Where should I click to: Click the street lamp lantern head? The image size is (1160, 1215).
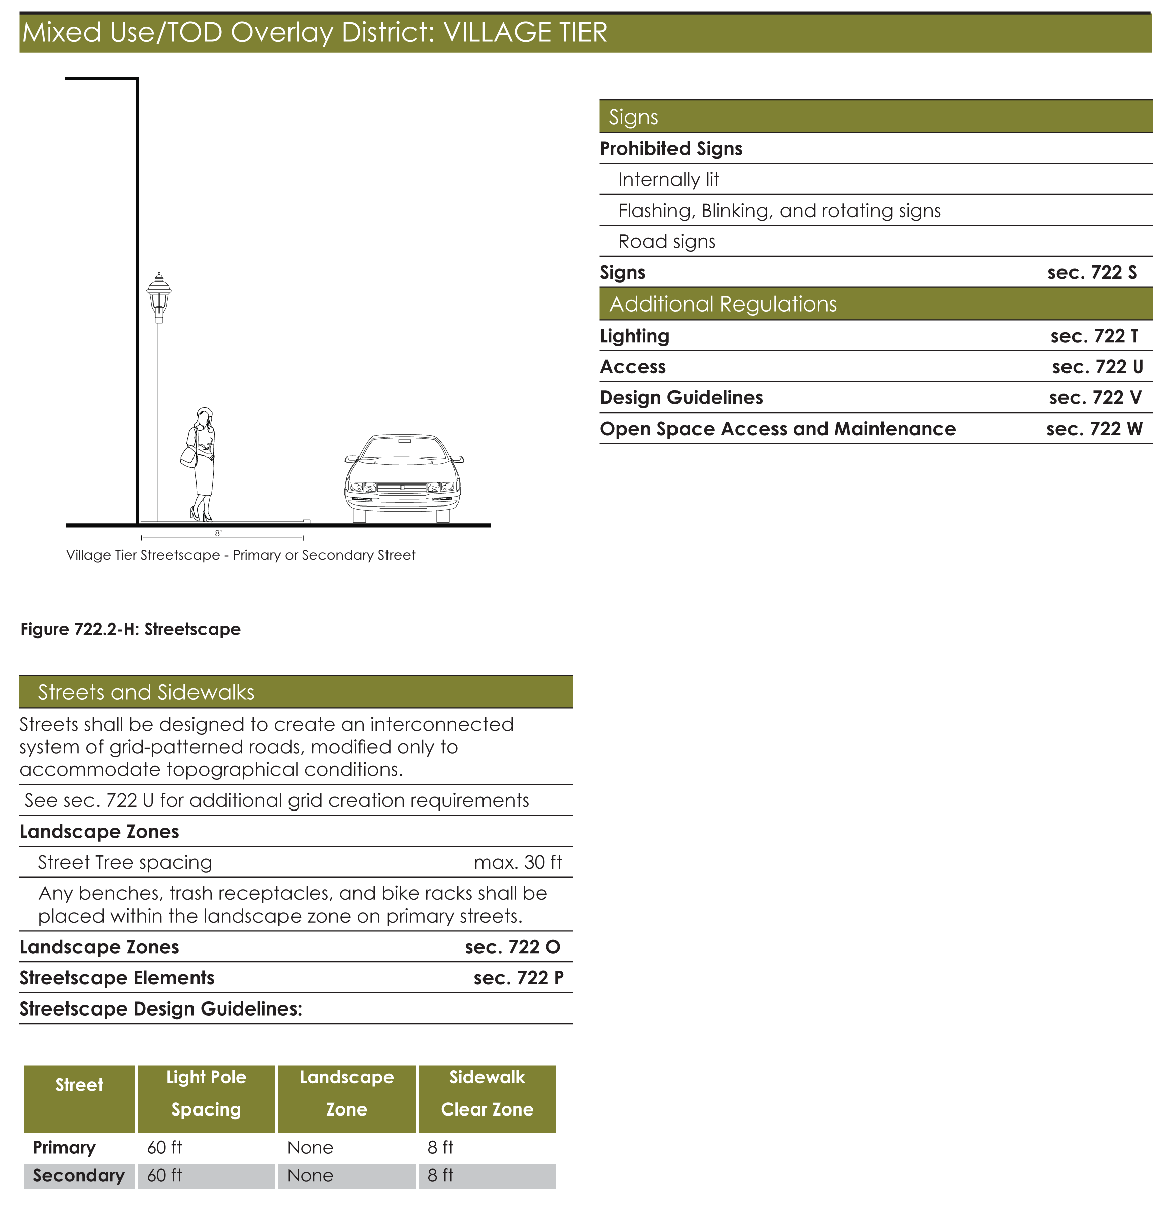[159, 294]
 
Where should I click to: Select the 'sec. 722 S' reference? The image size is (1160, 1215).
[1091, 273]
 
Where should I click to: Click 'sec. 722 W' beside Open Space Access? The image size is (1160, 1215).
[1094, 429]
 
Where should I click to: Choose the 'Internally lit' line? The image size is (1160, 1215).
[668, 180]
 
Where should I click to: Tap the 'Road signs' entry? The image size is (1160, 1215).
[666, 242]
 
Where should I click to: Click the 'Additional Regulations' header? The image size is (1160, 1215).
[723, 304]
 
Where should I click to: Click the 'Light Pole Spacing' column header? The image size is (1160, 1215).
[206, 1093]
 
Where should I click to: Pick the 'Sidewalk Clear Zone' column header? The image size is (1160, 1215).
[487, 1093]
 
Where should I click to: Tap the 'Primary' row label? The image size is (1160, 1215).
[64, 1148]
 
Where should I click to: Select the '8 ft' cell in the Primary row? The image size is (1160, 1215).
[440, 1148]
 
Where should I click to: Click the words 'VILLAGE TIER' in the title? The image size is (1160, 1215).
[525, 32]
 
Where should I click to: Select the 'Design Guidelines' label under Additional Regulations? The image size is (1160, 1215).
[682, 397]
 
